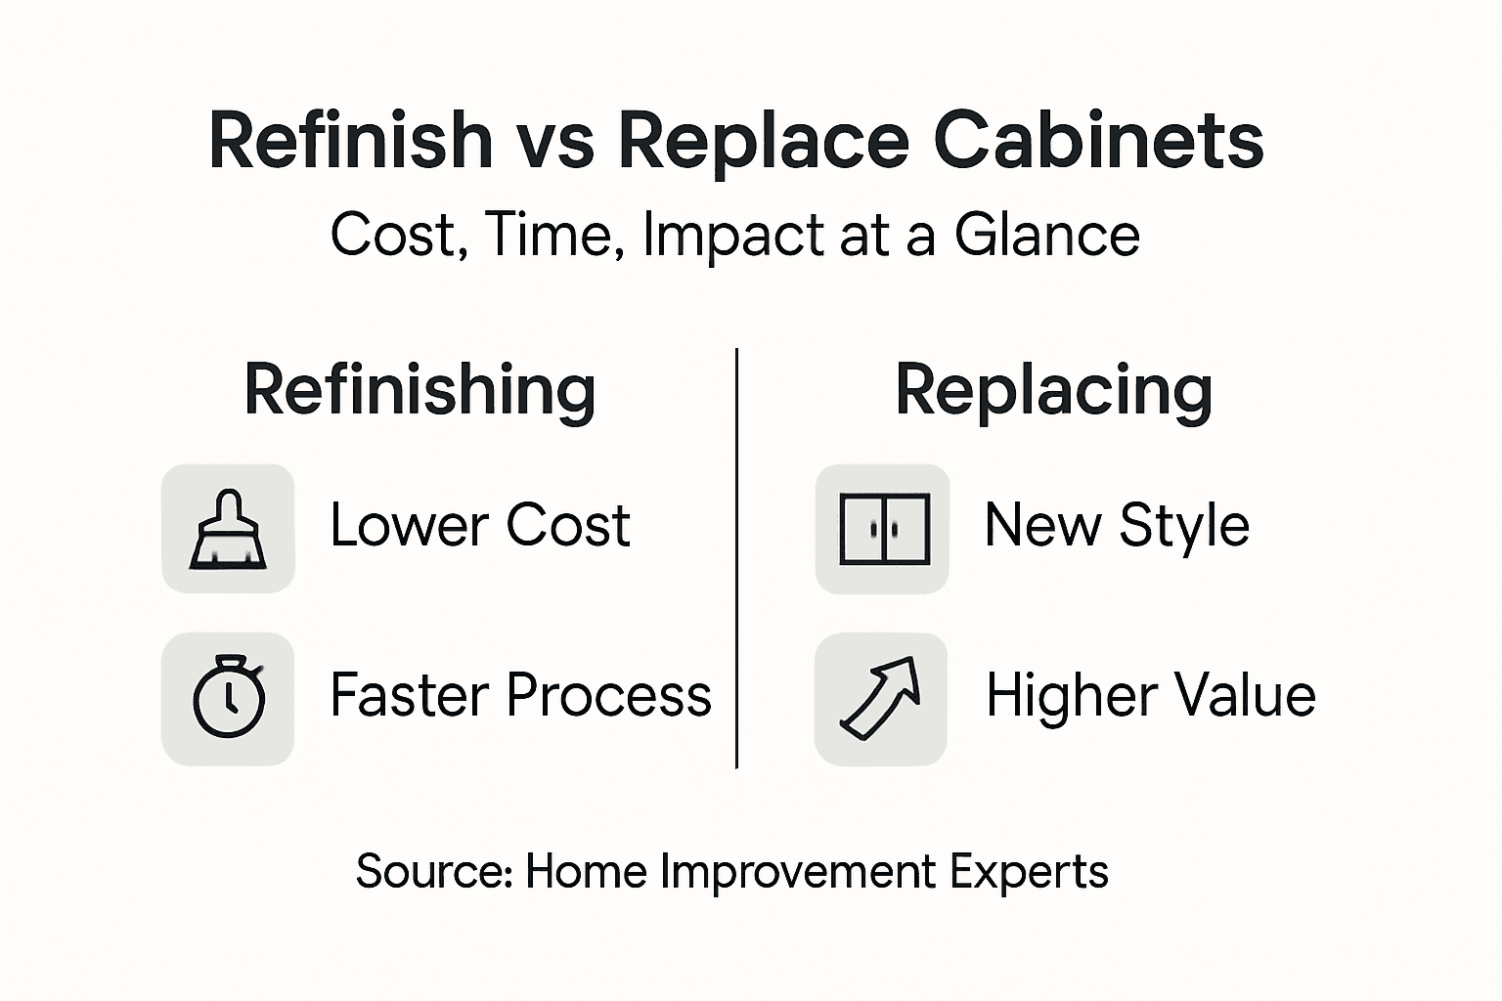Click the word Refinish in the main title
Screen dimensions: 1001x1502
click(350, 140)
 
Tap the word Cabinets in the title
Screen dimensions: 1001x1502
click(1098, 140)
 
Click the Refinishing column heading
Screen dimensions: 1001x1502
click(420, 389)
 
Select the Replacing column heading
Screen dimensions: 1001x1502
click(1053, 391)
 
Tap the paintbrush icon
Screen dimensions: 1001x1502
click(228, 529)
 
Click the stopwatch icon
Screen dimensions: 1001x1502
click(228, 698)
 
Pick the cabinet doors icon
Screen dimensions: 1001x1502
click(882, 529)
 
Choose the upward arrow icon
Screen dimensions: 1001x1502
click(881, 698)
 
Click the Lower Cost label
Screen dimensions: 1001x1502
click(480, 525)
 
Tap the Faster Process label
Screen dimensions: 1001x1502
click(520, 695)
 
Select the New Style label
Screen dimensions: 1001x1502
click(1117, 525)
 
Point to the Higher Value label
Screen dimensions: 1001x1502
click(1150, 695)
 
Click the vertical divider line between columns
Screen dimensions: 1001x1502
click(736, 557)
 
